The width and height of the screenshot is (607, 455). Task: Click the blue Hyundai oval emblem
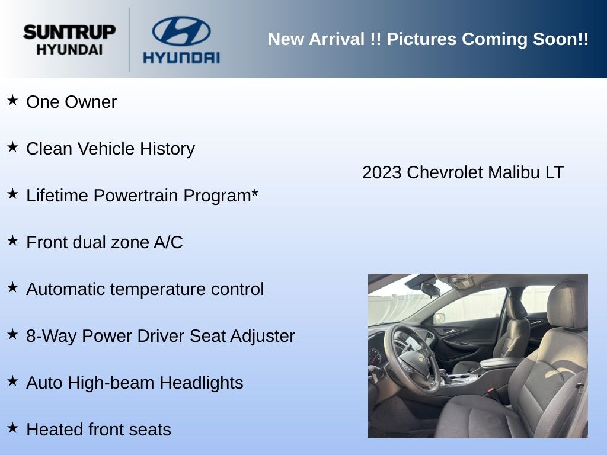[181, 31]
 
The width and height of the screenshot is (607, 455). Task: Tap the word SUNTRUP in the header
[69, 32]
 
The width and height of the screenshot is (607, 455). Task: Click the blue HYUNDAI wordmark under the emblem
[181, 57]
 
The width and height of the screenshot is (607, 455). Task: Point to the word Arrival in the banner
[337, 39]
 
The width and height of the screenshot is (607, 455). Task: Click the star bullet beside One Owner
[12, 100]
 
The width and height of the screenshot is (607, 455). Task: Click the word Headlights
[202, 383]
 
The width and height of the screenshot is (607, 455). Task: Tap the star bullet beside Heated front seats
[12, 428]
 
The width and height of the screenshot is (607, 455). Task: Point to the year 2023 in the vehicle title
[382, 172]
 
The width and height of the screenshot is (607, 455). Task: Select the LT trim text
[555, 172]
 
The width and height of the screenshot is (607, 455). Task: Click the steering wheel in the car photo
[411, 358]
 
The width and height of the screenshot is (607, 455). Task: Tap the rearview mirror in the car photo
[430, 289]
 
